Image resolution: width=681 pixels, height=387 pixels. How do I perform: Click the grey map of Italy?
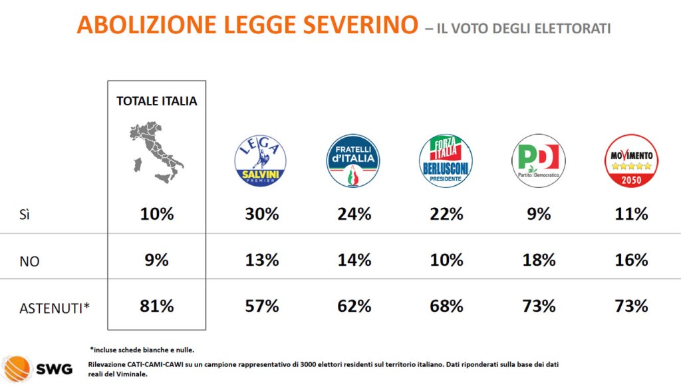click(156, 151)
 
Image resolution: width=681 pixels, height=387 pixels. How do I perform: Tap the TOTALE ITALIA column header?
click(157, 101)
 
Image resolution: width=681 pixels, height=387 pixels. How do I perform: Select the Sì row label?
click(25, 215)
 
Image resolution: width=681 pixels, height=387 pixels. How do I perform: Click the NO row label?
click(29, 261)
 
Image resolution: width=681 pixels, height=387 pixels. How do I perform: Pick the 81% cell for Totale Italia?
click(157, 306)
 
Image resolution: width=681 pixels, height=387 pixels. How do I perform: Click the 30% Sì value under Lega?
click(262, 214)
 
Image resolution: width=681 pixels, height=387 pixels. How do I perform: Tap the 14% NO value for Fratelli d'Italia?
click(354, 260)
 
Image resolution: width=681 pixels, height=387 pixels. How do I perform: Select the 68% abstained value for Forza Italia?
click(446, 306)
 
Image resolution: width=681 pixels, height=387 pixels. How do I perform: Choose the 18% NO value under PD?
click(539, 260)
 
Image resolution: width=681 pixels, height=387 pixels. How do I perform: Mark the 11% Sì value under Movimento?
click(631, 214)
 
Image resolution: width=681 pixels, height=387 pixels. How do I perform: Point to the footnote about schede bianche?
click(142, 349)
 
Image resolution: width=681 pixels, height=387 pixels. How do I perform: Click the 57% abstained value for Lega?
click(262, 306)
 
